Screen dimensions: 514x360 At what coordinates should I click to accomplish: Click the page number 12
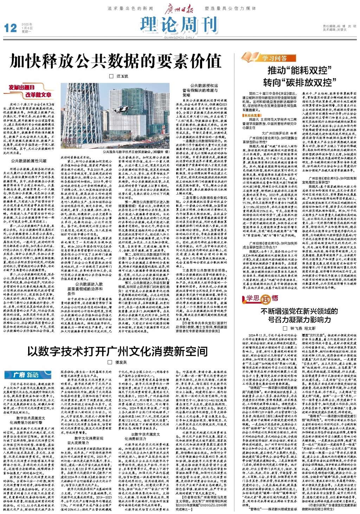[x=10, y=28]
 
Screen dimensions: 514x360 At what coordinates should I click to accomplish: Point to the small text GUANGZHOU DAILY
[x=179, y=37]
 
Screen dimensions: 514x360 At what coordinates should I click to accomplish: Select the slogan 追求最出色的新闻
[x=130, y=8]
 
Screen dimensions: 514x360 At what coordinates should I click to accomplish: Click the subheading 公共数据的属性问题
[x=28, y=161]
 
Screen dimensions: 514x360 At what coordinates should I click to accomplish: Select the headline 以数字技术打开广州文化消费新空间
[x=117, y=351]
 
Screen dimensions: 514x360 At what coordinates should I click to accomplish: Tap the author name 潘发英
[x=121, y=362]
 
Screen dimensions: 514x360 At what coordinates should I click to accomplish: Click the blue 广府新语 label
[x=27, y=375]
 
